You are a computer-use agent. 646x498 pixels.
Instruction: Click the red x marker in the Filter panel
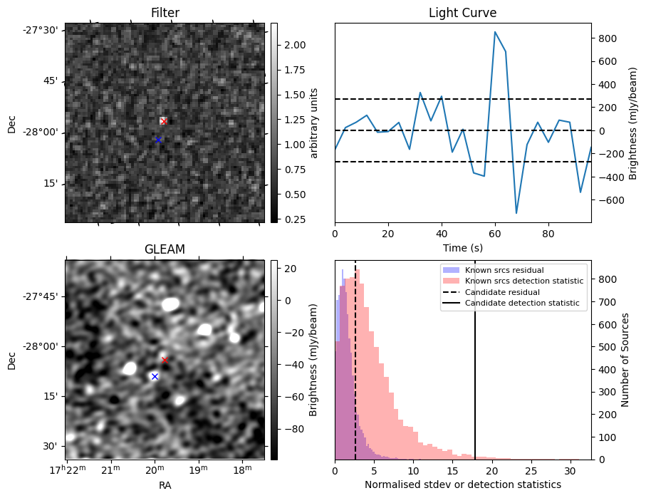(164, 121)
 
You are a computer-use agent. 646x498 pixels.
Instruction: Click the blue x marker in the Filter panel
(158, 140)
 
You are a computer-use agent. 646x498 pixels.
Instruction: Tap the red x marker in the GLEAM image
(165, 360)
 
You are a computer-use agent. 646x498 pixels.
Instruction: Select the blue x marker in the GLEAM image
(155, 376)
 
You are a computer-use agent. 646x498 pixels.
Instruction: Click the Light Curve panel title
(462, 13)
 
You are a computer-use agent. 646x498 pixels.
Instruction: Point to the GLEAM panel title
(165, 249)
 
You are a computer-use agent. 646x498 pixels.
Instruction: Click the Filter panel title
(165, 13)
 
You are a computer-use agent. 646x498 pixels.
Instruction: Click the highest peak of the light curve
(495, 32)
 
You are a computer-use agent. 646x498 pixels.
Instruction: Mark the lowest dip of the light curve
(516, 213)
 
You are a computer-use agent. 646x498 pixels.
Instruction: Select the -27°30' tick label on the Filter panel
(43, 30)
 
